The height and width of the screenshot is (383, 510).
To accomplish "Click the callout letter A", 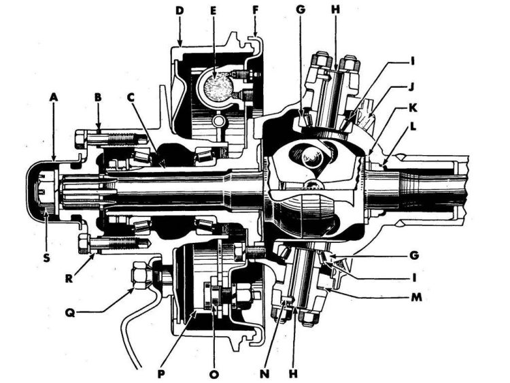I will point(54,97).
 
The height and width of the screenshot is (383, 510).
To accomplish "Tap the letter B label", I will point(99,97).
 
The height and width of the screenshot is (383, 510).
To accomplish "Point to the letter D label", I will point(180,11).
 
